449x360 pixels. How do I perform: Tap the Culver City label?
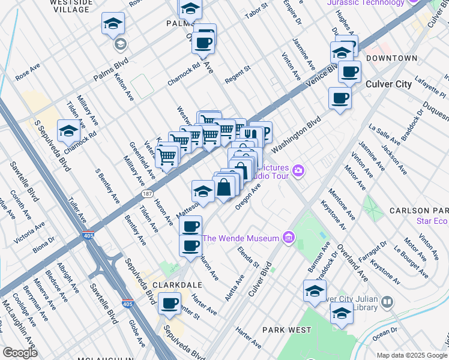pyautogui.click(x=388, y=84)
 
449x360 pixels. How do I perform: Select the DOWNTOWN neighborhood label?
pyautogui.click(x=391, y=58)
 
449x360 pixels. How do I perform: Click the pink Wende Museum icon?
pyautogui.click(x=289, y=238)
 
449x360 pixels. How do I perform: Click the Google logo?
pyautogui.click(x=19, y=352)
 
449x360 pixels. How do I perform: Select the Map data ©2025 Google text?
pyautogui.click(x=412, y=355)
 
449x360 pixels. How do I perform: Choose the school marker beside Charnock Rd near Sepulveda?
pyautogui.click(x=69, y=130)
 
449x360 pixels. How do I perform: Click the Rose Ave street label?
pyautogui.click(x=27, y=75)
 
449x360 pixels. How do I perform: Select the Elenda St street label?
pyautogui.click(x=248, y=256)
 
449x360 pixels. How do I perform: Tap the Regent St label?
pyautogui.click(x=237, y=75)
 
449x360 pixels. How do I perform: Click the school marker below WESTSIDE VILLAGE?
pyautogui.click(x=113, y=24)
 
